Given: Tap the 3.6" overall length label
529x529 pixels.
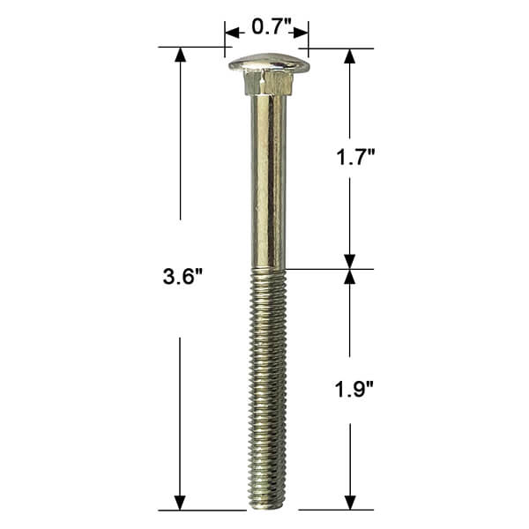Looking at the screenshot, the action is [183, 277].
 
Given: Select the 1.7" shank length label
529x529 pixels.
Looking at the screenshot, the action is [355, 157].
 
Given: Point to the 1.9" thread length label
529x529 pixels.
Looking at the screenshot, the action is [354, 390].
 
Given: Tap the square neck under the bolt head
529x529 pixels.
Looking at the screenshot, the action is [268, 85].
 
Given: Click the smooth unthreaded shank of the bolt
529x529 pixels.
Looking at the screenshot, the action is [269, 183].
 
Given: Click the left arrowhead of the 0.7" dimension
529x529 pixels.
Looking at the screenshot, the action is [232, 33].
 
